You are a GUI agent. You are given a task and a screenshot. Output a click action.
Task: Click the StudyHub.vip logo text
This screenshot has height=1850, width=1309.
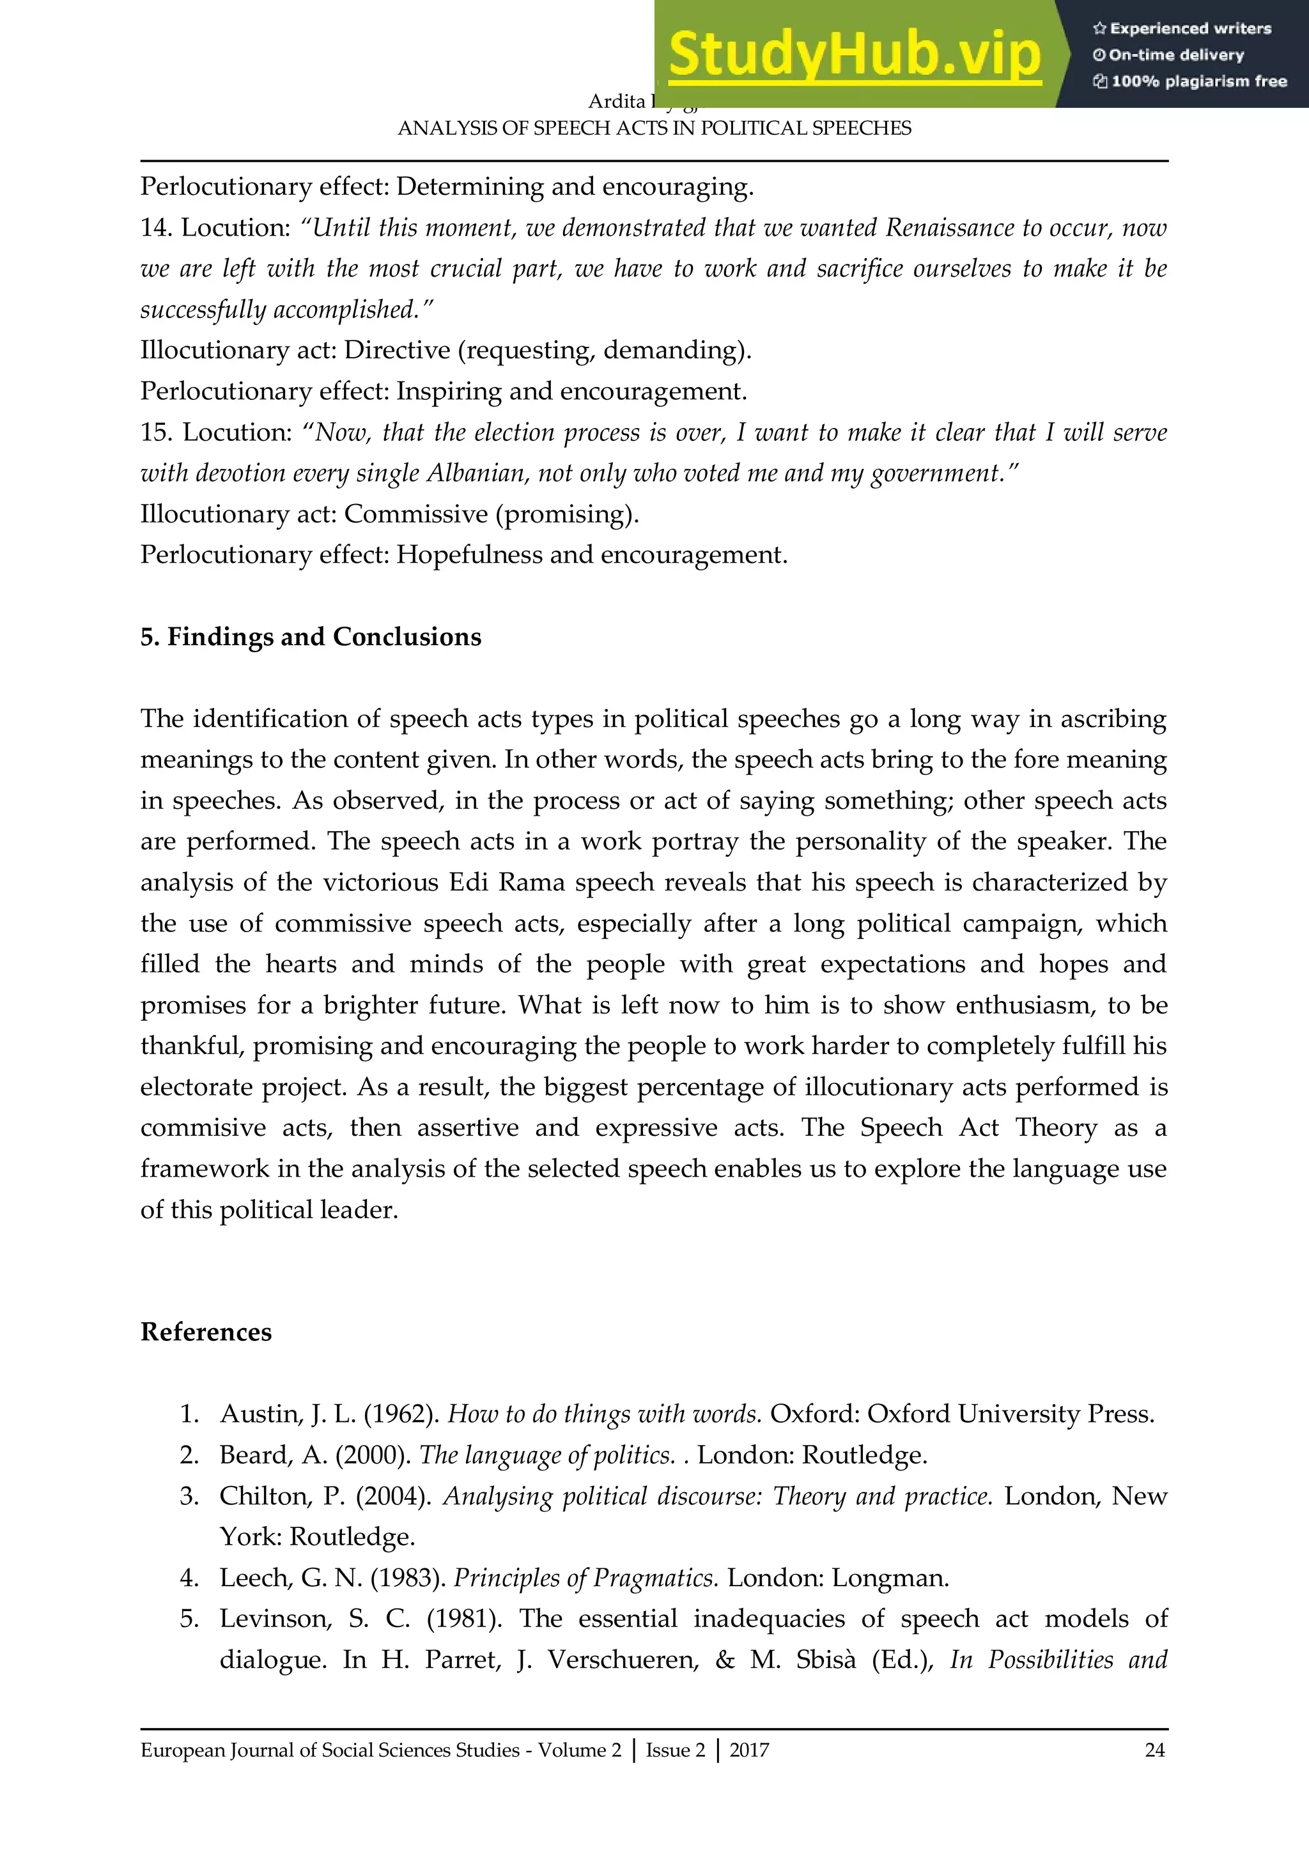[x=855, y=55]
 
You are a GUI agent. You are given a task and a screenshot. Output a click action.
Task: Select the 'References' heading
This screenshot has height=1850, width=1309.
[x=206, y=1331]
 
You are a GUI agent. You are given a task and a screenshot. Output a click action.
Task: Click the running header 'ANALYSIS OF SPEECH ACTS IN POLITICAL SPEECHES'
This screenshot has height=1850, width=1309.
[x=654, y=128]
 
